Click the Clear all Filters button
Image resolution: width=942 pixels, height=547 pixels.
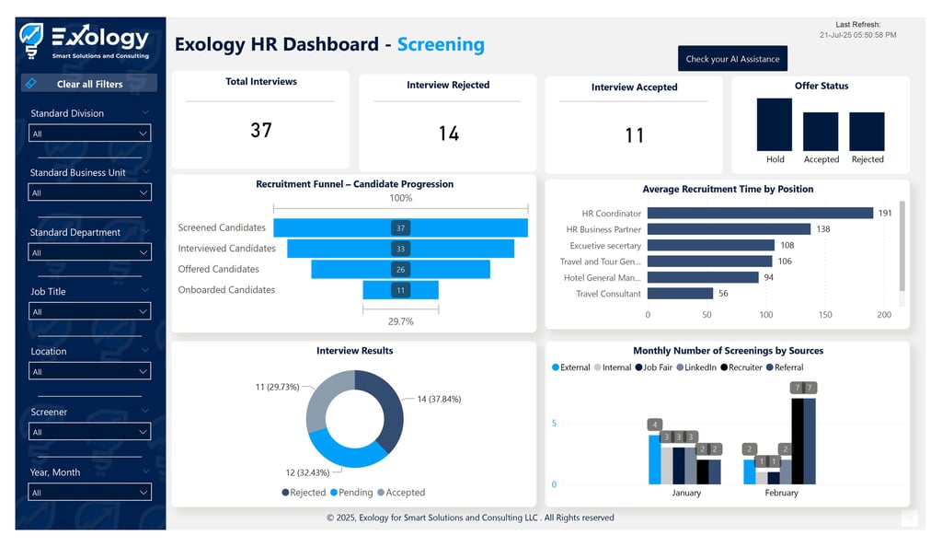pos(89,84)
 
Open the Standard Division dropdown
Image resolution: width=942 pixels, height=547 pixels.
pos(89,134)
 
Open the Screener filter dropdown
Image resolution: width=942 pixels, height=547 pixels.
pos(89,432)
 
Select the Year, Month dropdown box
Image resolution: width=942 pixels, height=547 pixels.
pos(89,493)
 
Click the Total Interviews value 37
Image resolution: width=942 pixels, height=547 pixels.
pos(261,130)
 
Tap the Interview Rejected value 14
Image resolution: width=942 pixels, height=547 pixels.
pos(448,134)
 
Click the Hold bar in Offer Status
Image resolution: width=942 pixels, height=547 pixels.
pos(775,124)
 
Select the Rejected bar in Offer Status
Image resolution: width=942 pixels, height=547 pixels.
pos(867,132)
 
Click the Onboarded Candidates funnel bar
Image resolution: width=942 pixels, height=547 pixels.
pos(400,290)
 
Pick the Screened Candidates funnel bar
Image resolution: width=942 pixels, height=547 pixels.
pos(400,227)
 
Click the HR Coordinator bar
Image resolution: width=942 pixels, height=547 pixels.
pos(760,214)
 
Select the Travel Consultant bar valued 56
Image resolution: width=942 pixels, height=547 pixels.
pos(680,294)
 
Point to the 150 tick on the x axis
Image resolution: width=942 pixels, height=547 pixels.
pos(825,315)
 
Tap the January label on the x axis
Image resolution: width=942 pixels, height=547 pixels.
pos(686,493)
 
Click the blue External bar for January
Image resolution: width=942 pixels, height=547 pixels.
pos(654,460)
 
